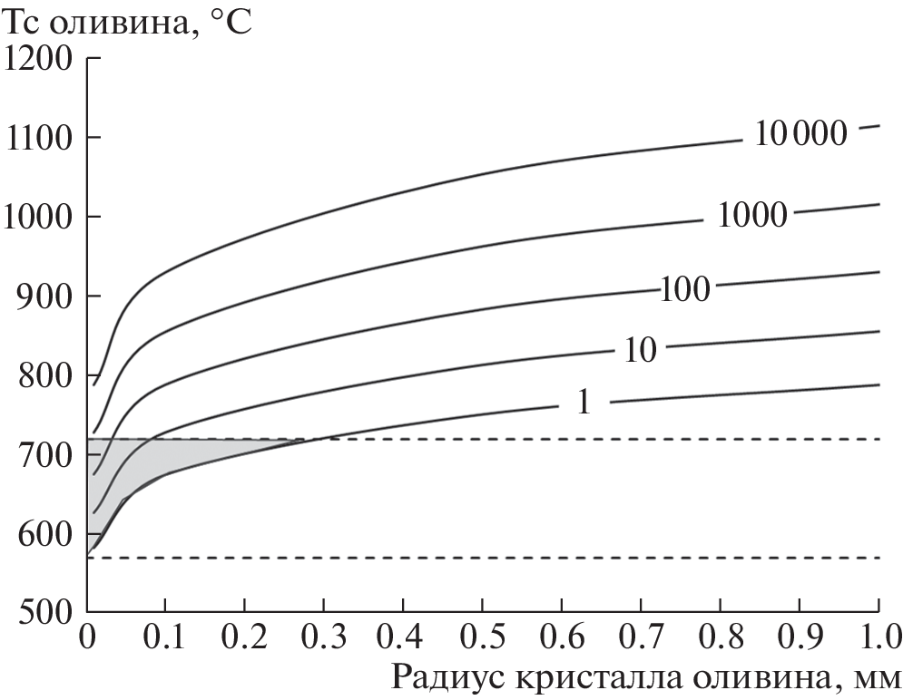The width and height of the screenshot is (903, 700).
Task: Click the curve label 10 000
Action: pyautogui.click(x=800, y=133)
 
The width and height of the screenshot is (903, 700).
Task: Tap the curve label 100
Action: pyautogui.click(x=685, y=289)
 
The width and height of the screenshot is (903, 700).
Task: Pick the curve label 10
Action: pyautogui.click(x=640, y=350)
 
